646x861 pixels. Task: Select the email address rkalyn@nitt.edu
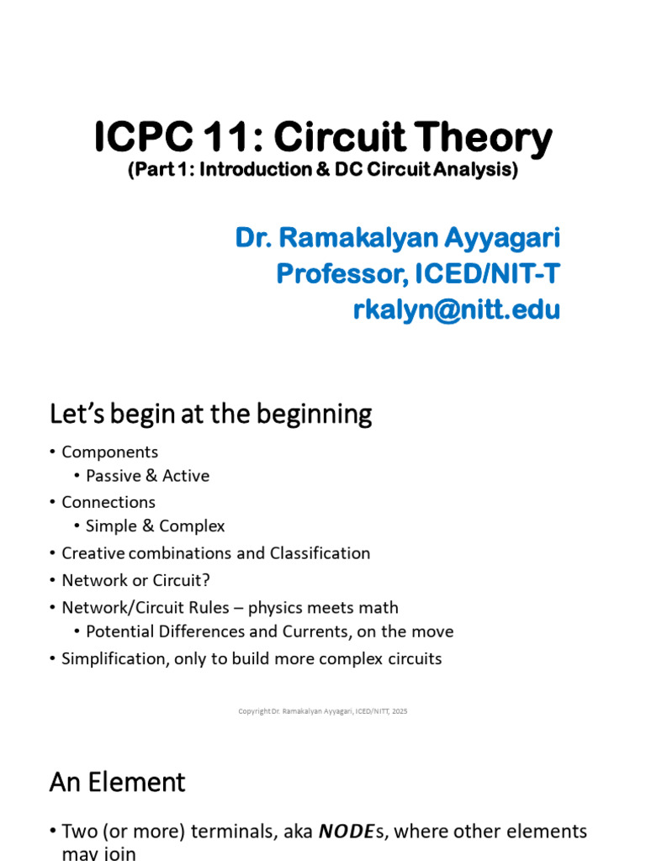(456, 310)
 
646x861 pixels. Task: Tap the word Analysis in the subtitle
(474, 170)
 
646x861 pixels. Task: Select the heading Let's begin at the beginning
(210, 414)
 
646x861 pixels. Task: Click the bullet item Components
(109, 452)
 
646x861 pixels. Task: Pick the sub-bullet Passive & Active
(147, 476)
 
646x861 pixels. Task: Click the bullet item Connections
(109, 502)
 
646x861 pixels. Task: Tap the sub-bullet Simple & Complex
(156, 526)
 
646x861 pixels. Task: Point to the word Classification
(320, 553)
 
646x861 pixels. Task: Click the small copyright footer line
(323, 711)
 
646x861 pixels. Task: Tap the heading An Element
(117, 782)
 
